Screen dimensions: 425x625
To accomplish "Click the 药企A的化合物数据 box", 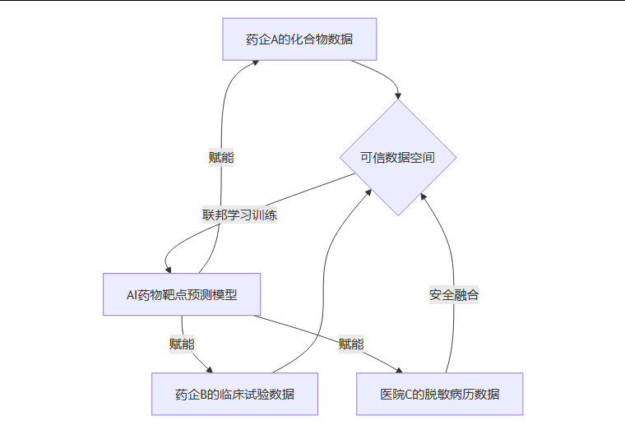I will pos(299,39).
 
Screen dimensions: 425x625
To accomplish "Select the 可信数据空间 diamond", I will pos(398,157).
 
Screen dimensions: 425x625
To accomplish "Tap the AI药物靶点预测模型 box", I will pos(182,293).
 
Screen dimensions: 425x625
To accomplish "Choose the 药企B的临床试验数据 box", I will pos(234,394).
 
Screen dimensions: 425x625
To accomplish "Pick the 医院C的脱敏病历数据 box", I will pos(439,394).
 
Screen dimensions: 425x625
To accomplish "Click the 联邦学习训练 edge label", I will pos(239,215).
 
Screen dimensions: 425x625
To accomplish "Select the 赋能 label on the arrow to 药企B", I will pos(182,344).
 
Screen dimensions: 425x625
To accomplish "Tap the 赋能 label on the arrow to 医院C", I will pos(351,344).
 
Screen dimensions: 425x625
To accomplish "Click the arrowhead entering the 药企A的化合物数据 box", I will pos(256,63).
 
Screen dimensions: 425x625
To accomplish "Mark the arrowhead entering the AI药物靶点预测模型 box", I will pos(168,269).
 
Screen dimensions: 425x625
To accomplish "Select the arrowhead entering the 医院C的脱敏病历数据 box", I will pos(398,369).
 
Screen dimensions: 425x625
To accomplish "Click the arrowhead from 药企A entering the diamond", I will pos(398,95).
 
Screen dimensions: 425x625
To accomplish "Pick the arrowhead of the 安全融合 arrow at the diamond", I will pos(423,196).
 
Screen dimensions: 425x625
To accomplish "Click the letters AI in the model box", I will pos(132,293).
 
